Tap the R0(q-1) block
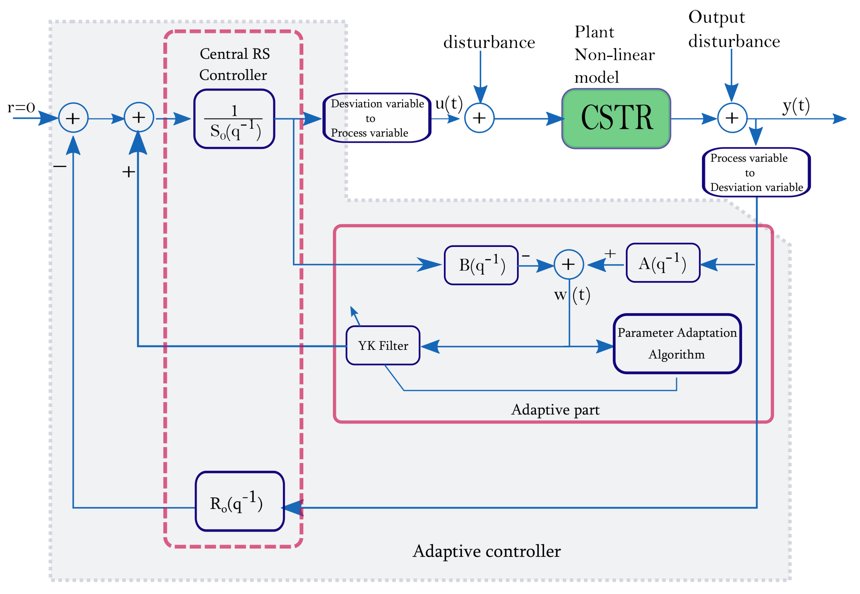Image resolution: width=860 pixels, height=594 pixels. point(239,501)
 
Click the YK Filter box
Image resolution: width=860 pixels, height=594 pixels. point(383,345)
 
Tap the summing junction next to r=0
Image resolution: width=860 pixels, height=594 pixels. point(73,118)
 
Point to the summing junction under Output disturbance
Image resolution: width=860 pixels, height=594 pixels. point(732,118)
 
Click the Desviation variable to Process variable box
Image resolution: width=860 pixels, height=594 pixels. point(377,118)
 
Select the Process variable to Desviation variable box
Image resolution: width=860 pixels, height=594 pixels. point(756,172)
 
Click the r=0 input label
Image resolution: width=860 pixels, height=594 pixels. point(21,107)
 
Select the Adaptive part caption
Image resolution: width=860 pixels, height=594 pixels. point(555,409)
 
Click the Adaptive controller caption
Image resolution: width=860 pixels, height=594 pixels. point(486,551)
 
